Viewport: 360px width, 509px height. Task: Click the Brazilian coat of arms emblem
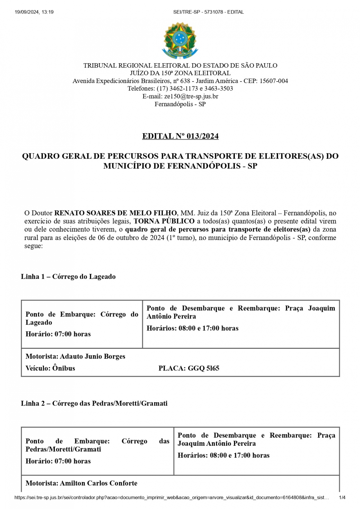180,40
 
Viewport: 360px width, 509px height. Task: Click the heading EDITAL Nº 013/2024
180,136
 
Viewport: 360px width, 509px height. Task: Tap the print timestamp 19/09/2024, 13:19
34,12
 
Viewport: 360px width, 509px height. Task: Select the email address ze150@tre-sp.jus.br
191,96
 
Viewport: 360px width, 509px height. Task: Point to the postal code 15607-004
274,81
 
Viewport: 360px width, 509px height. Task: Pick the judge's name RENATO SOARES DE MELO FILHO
115,213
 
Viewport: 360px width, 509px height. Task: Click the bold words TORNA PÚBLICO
164,221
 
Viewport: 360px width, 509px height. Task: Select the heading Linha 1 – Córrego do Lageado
68,277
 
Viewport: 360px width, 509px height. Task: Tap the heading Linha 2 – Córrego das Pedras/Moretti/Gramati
94,403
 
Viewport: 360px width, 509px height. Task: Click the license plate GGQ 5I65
204,368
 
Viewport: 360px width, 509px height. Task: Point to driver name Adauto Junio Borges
92,356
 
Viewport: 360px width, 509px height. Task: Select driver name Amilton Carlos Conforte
98,483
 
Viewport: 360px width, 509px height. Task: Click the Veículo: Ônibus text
50,368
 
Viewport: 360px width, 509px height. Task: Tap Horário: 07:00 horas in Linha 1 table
58,334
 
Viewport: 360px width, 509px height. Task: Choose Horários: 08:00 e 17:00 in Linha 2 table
223,455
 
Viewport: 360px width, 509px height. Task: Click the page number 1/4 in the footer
342,498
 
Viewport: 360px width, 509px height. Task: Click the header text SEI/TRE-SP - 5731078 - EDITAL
208,12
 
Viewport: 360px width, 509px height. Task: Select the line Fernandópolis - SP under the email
180,104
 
